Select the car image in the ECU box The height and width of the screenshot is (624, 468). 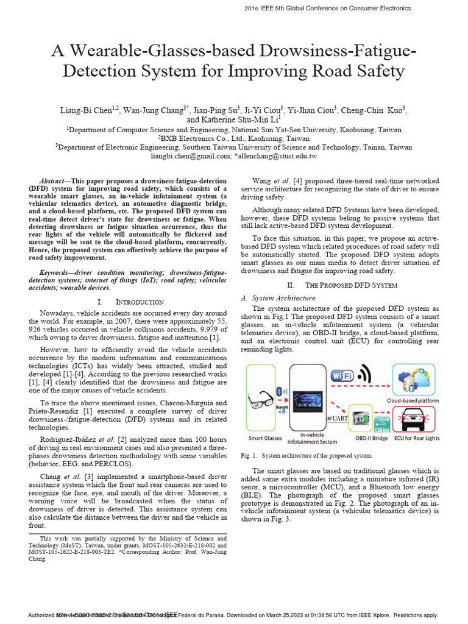(x=416, y=420)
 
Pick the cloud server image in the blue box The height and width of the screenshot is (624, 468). (x=416, y=379)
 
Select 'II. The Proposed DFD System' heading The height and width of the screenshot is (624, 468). (x=342, y=285)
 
